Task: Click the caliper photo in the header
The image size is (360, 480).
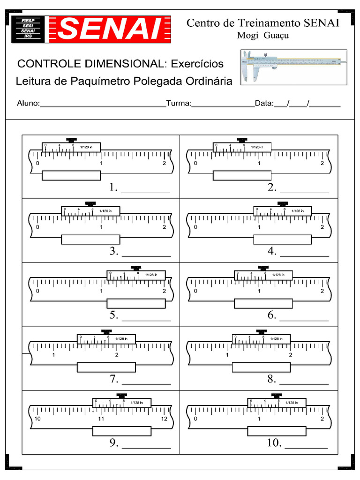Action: click(294, 67)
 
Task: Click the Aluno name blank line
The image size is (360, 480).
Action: click(103, 106)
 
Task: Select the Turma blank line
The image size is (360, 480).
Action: click(223, 106)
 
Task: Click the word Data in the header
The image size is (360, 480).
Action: click(264, 104)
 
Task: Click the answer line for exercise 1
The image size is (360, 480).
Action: click(146, 192)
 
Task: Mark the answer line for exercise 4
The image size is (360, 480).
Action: click(304, 256)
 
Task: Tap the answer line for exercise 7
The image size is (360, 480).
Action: click(146, 384)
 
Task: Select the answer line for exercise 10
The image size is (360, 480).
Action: click(306, 448)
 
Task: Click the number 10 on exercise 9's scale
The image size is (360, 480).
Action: click(38, 419)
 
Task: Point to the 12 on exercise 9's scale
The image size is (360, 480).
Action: click(164, 419)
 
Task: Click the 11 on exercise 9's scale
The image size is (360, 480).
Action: click(101, 419)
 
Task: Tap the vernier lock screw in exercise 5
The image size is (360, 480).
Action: click(136, 268)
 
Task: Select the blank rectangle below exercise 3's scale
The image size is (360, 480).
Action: click(90, 240)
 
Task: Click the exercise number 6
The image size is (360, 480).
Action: click(272, 315)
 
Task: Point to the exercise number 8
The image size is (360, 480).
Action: click(272, 379)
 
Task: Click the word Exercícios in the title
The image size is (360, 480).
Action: click(197, 64)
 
